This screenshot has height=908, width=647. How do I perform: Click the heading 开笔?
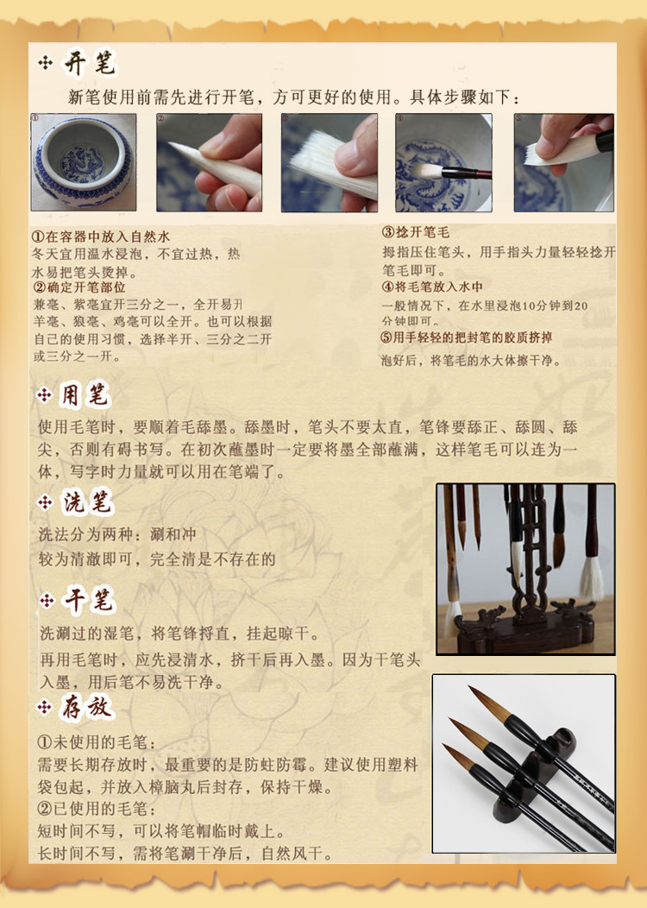pos(89,63)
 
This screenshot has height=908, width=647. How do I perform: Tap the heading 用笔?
pos(85,396)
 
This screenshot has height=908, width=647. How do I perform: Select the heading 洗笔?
pos(87,502)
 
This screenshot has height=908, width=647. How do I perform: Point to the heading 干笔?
pos(88,600)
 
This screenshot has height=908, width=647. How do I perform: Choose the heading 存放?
pos(86,707)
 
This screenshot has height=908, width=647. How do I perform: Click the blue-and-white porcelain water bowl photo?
pos(84,162)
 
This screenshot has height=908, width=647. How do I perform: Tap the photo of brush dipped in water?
pos(443,162)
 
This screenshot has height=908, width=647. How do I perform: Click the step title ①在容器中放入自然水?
pos(101,236)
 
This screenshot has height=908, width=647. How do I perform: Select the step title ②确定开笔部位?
pos(79,287)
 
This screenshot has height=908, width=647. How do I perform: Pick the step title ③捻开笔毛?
pos(416,232)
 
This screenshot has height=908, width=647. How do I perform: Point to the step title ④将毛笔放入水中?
pos(432,287)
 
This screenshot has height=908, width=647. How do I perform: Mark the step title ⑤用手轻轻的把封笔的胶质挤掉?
pos(467,337)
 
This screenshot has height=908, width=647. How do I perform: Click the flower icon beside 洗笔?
pos(45,502)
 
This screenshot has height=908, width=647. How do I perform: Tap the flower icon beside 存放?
pos(45,707)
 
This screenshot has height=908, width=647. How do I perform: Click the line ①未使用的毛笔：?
pos(97,742)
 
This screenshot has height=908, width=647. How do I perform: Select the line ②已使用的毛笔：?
pos(97,809)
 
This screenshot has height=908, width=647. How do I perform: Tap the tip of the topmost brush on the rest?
pos(470,689)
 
